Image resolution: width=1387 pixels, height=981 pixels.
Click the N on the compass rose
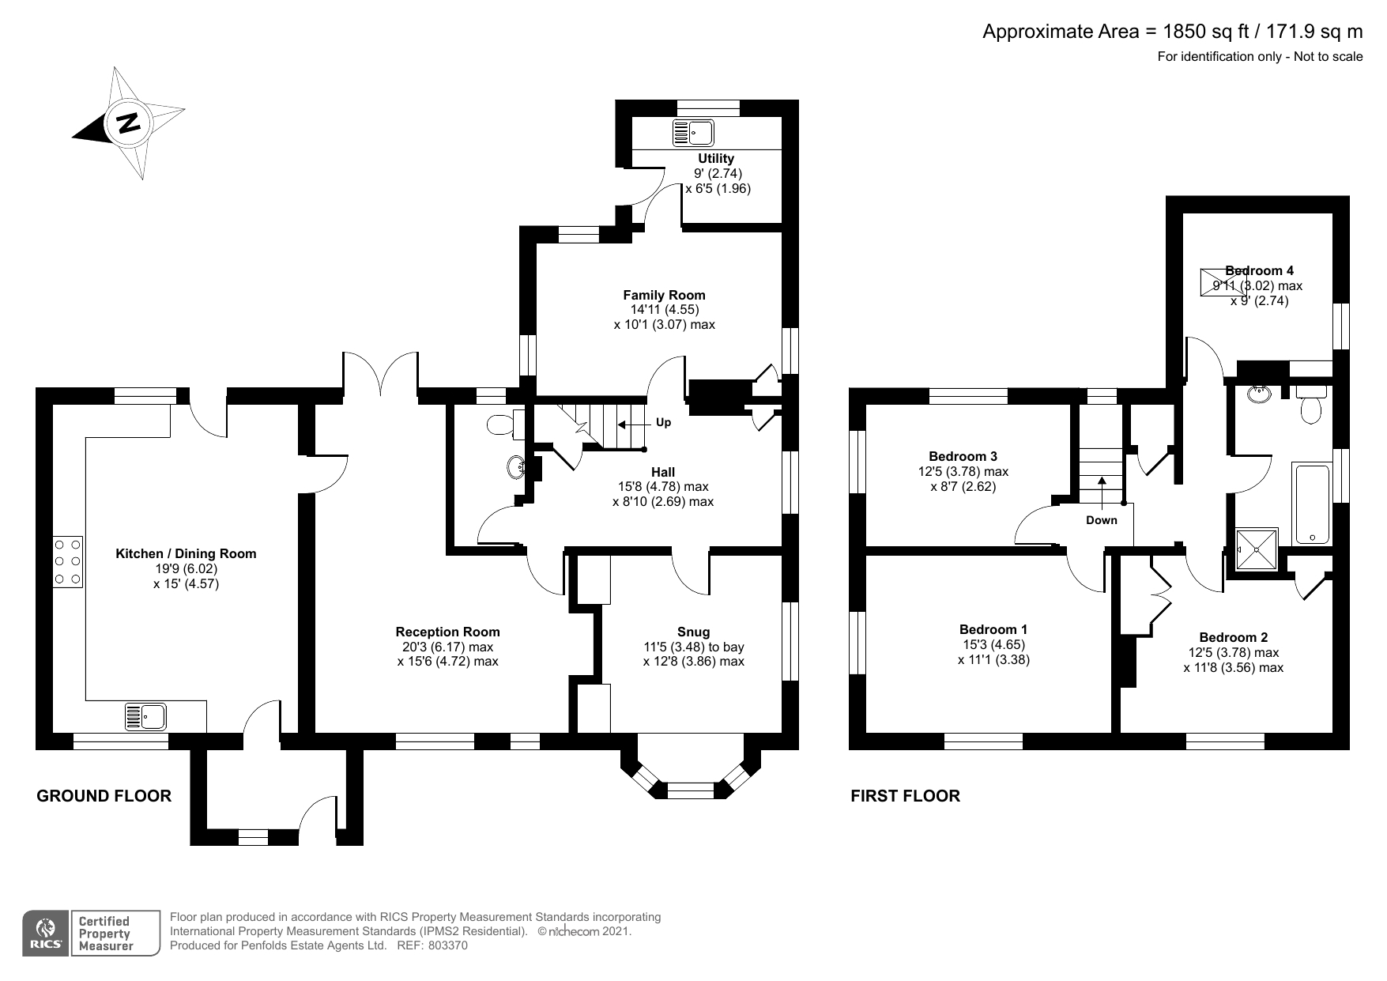point(127,123)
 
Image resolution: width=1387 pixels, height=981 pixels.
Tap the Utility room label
point(716,159)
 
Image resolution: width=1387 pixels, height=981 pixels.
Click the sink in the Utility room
point(693,133)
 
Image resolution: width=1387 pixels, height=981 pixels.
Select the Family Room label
point(664,295)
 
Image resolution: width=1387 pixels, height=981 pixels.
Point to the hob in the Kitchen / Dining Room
point(68,562)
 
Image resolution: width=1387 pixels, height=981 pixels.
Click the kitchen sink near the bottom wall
point(145,716)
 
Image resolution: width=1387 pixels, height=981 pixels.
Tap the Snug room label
point(694,632)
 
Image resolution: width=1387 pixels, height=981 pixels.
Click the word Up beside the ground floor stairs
point(664,422)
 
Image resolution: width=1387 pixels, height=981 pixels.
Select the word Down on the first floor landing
point(1102,519)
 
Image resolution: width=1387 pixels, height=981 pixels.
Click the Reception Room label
point(447,632)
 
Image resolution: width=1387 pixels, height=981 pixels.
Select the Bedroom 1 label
point(993,629)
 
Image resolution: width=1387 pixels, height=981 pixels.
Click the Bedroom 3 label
point(963,456)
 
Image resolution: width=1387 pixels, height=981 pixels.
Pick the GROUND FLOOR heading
point(104,796)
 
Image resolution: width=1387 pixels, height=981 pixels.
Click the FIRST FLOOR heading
point(905,796)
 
